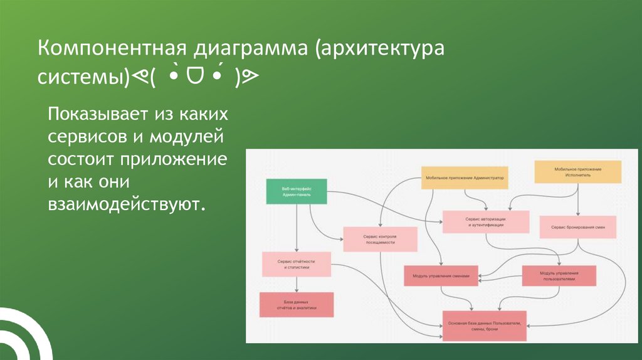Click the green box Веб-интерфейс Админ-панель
(296, 191)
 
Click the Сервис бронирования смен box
(578, 227)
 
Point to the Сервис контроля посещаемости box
(379, 238)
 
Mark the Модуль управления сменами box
(441, 275)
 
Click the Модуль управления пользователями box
(559, 276)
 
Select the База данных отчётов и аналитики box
(297, 305)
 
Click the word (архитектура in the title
(379, 50)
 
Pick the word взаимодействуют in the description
(125, 204)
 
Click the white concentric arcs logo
(22, 336)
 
